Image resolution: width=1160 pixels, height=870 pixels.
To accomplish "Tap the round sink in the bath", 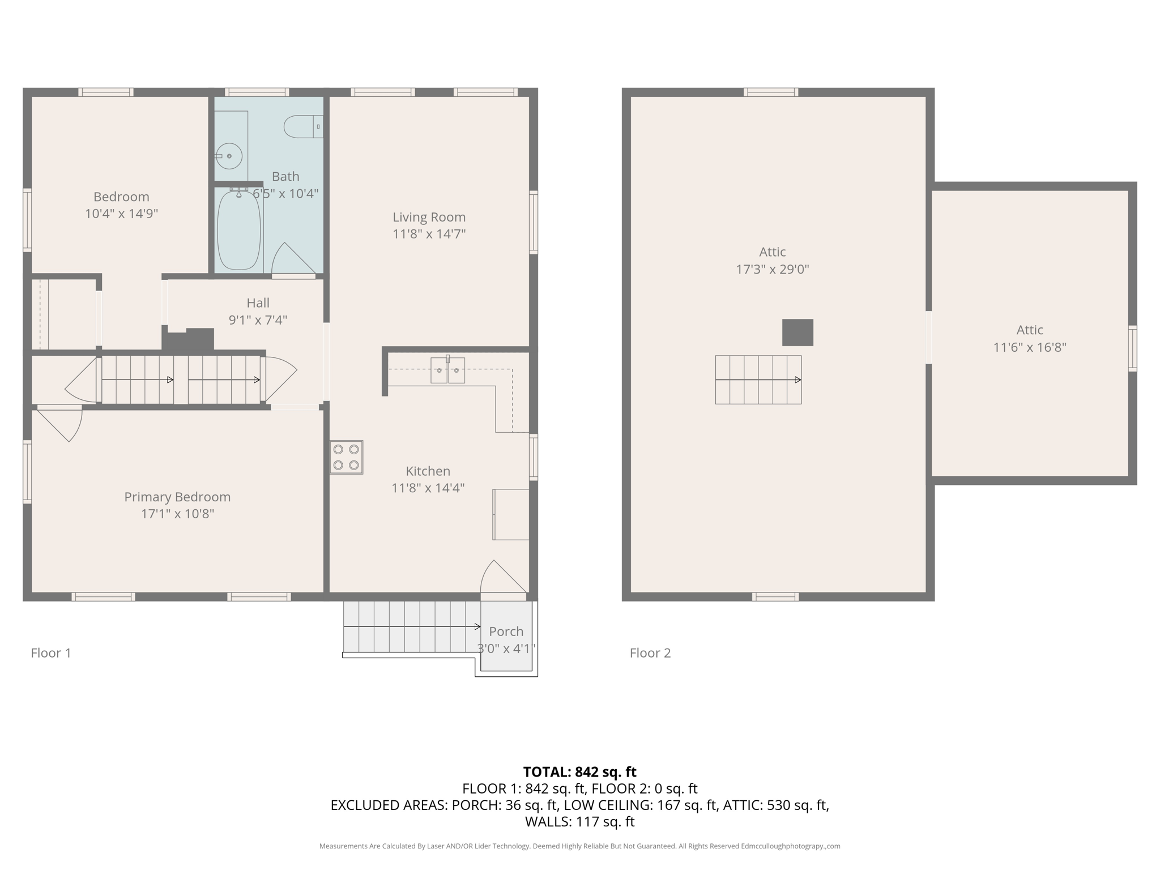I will coord(229,156).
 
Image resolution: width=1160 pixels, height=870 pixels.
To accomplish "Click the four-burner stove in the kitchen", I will coord(346,457).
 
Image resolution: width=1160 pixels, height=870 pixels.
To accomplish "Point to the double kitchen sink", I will coord(447,370).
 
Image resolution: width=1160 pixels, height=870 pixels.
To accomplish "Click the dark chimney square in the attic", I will coord(797,332).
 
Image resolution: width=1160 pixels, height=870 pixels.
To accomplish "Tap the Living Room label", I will coord(429,217).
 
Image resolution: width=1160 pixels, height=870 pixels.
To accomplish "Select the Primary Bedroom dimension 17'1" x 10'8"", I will coord(177,514).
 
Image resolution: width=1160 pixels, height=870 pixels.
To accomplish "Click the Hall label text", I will coord(258,303).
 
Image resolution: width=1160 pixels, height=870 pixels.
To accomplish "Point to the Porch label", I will coord(506,631).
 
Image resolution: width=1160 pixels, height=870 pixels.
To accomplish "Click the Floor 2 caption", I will coord(650,653).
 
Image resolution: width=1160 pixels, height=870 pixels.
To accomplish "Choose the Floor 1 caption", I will coord(51,653).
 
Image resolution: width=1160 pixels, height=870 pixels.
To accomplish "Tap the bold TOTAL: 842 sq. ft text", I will coord(579,772).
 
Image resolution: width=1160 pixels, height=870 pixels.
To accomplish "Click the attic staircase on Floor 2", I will coord(758,379).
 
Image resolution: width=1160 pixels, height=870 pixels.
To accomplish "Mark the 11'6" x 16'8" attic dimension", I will coord(1029,347).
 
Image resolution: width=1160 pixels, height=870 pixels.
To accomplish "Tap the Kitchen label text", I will coord(428,471).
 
